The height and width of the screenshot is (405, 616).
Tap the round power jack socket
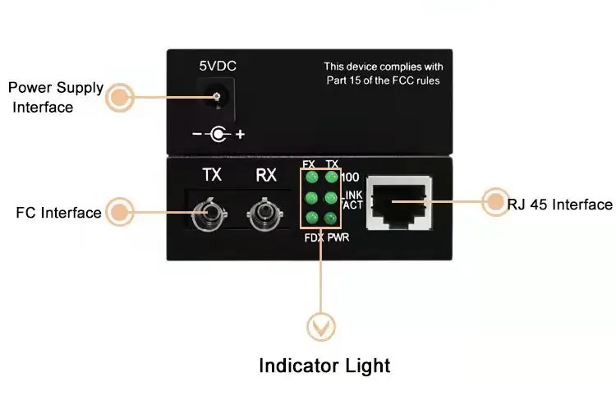[217, 98]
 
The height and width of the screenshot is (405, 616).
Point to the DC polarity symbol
[218, 133]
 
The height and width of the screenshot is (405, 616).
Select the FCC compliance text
[382, 73]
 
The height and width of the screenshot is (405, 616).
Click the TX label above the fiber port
[212, 174]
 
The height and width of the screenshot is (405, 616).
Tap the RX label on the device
[266, 174]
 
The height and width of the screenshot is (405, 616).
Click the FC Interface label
[58, 213]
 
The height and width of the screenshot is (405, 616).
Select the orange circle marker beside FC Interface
[121, 212]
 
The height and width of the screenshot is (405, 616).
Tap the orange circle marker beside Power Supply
[121, 98]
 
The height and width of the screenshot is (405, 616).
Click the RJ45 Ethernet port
[400, 202]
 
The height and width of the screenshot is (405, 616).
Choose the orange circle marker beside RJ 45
[495, 202]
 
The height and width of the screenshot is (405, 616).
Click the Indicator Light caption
[324, 366]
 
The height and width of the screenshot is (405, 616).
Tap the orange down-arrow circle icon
[320, 328]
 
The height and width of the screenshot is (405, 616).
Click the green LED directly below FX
[311, 177]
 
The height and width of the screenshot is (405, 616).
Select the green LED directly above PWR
[332, 218]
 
